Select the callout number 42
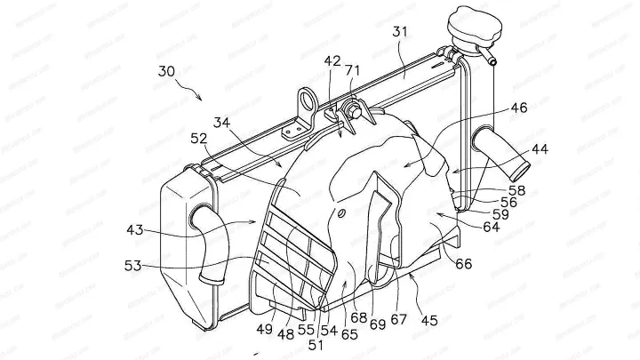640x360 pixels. pos(332,62)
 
